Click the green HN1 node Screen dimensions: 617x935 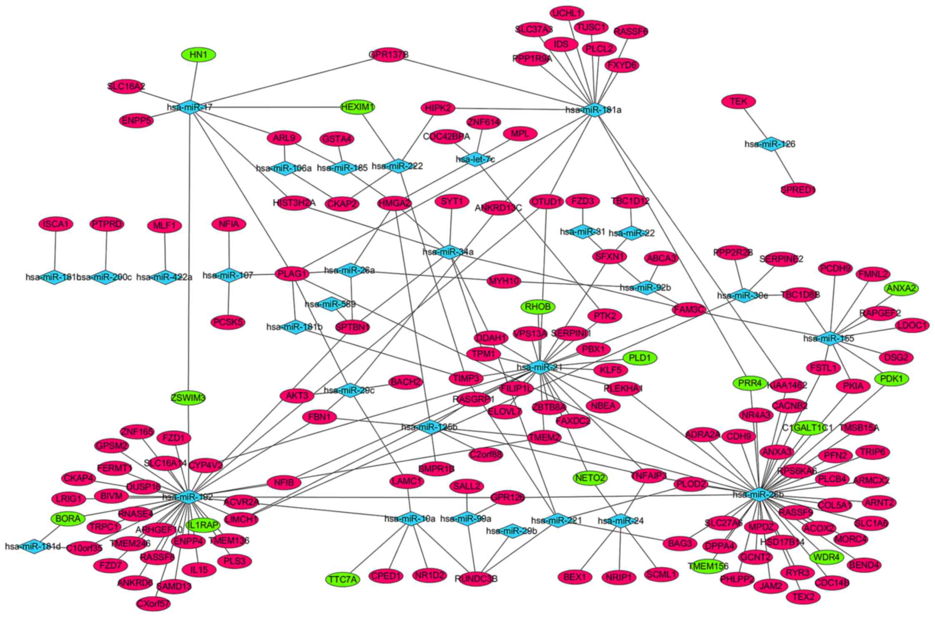(199, 55)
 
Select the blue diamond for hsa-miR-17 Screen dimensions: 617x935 (190, 107)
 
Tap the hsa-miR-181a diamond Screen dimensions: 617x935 (593, 110)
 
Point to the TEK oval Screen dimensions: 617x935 (738, 102)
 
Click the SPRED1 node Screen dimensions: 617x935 (798, 190)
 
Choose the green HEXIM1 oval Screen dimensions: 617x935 (357, 107)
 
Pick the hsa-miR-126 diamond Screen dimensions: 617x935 (770, 144)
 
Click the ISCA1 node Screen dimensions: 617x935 (56, 225)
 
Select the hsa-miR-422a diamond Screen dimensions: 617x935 (165, 277)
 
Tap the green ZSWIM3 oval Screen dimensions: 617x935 (188, 398)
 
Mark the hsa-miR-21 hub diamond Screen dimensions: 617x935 (540, 367)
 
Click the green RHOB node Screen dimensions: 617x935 (538, 307)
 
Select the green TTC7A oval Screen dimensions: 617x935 (342, 579)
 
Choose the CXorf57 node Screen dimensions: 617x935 (153, 603)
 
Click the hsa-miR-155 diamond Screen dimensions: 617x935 (829, 338)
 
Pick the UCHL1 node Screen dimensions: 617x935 (567, 13)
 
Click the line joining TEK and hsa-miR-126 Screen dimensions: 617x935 (754, 122)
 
